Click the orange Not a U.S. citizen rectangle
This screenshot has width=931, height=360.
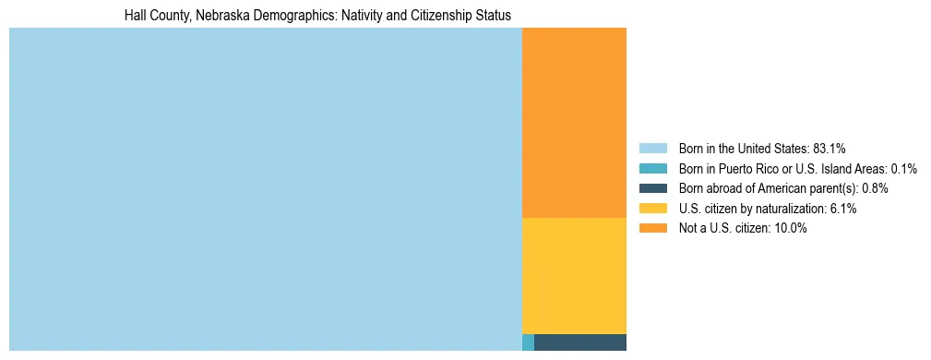574,123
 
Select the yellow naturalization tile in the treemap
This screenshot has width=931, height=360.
574,275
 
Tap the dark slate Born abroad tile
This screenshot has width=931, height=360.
579,342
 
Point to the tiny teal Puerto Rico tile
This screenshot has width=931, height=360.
528,342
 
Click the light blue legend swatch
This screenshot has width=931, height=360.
652,148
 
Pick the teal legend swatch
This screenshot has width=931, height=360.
652,168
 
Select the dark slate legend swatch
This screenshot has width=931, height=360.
652,188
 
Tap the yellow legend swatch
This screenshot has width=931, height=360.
652,209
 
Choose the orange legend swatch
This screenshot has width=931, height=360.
652,229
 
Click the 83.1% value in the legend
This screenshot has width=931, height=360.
829,148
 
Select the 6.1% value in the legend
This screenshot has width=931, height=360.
842,209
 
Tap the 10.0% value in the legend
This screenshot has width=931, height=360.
791,229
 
